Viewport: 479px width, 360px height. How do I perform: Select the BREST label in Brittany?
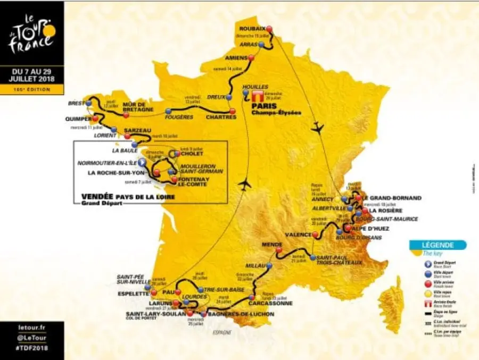pyautogui.click(x=76, y=104)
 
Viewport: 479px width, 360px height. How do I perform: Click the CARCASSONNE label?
pyautogui.click(x=270, y=304)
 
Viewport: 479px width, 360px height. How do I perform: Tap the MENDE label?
pyautogui.click(x=271, y=245)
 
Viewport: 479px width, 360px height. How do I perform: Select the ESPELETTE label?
pyautogui.click(x=133, y=293)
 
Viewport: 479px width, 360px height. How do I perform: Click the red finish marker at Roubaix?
pyautogui.click(x=269, y=29)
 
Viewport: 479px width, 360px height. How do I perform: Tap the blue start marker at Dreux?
pyautogui.click(x=228, y=98)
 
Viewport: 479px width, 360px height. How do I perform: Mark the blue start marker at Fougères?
pyautogui.click(x=168, y=111)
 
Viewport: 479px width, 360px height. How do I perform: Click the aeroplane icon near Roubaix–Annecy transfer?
pyautogui.click(x=318, y=128)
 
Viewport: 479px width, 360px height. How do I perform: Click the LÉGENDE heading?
pyautogui.click(x=437, y=245)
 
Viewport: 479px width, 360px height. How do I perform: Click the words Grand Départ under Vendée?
pyautogui.click(x=99, y=203)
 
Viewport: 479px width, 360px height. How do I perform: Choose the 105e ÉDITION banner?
pyautogui.click(x=32, y=89)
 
